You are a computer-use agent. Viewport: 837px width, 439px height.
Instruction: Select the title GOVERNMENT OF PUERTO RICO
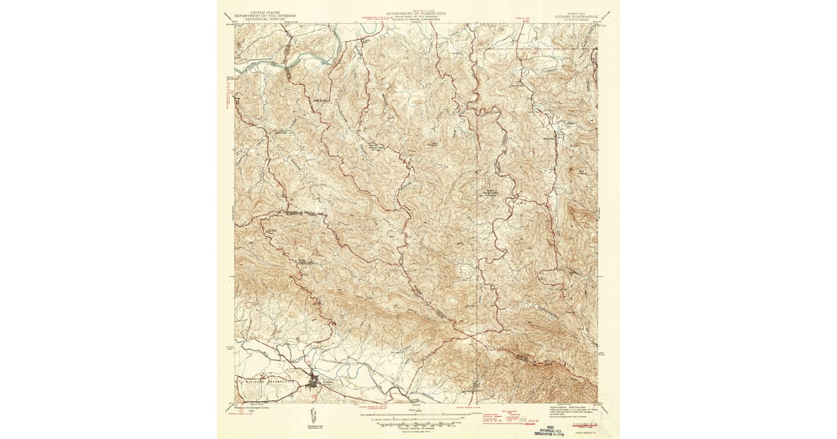[x=418, y=13]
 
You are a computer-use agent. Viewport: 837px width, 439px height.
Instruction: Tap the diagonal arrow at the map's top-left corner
[x=226, y=15]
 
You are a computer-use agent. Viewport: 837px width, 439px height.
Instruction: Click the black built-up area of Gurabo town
[x=318, y=382]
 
